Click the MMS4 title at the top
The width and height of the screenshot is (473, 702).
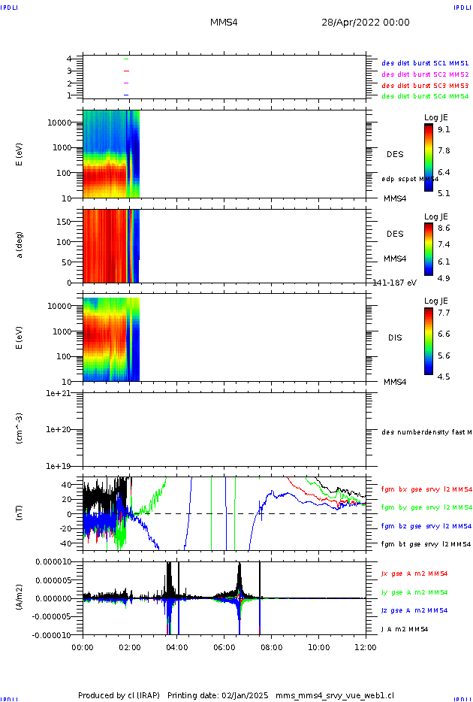tap(224, 23)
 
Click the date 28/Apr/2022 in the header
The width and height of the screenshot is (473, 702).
tap(366, 23)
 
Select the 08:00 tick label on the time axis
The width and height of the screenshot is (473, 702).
tap(271, 646)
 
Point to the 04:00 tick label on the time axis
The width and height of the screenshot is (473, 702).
tap(176, 646)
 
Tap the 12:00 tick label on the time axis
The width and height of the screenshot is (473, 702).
tap(366, 646)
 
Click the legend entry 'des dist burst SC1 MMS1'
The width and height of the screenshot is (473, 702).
tap(425, 63)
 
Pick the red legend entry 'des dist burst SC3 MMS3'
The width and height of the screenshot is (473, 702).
tap(425, 85)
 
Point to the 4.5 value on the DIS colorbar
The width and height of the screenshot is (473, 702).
tap(444, 377)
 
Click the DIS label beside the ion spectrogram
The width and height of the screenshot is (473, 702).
tap(394, 337)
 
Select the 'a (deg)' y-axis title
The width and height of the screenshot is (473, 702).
tap(21, 245)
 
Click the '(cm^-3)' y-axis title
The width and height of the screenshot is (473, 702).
tap(21, 429)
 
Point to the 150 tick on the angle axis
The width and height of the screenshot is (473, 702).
tap(71, 222)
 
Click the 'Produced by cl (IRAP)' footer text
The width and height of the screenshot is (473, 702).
tap(120, 695)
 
